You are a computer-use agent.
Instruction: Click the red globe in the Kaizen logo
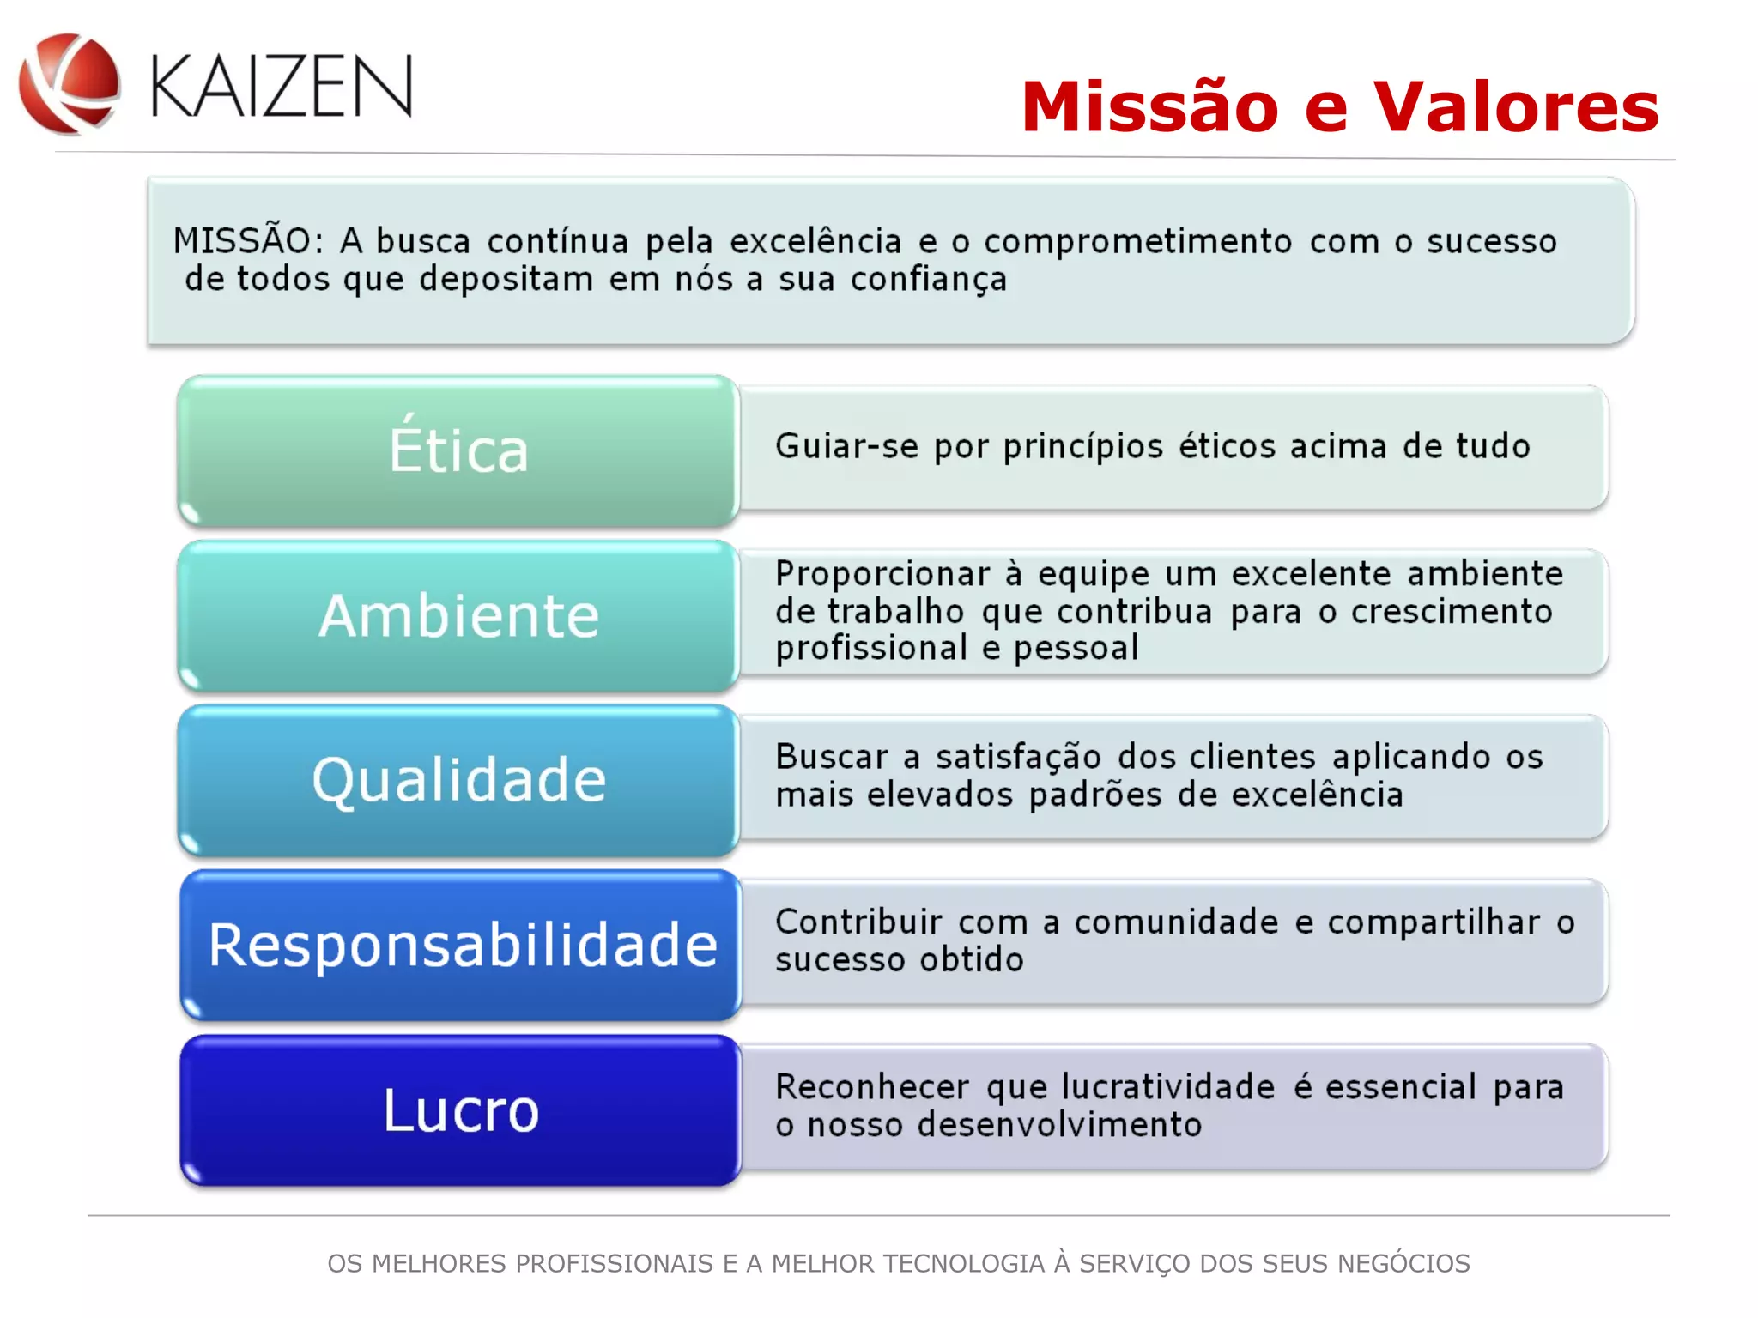pyautogui.click(x=70, y=83)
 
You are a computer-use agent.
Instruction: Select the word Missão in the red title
pyautogui.click(x=1149, y=107)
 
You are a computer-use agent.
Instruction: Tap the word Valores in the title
pyautogui.click(x=1516, y=107)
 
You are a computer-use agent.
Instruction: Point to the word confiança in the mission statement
pyautogui.click(x=928, y=280)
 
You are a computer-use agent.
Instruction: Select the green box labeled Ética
pyautogui.click(x=458, y=450)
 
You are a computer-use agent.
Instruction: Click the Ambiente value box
pyautogui.click(x=458, y=616)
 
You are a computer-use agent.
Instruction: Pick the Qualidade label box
pyautogui.click(x=458, y=781)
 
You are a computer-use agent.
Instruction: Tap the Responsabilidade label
pyautogui.click(x=462, y=946)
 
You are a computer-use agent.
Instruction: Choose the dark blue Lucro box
pyautogui.click(x=460, y=1110)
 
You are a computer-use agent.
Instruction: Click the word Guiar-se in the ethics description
pyautogui.click(x=846, y=447)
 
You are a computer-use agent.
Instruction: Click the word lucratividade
pyautogui.click(x=1168, y=1087)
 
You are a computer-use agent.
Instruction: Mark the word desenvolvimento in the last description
pyautogui.click(x=1059, y=1125)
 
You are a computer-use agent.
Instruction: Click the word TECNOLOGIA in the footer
pyautogui.click(x=963, y=1264)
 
